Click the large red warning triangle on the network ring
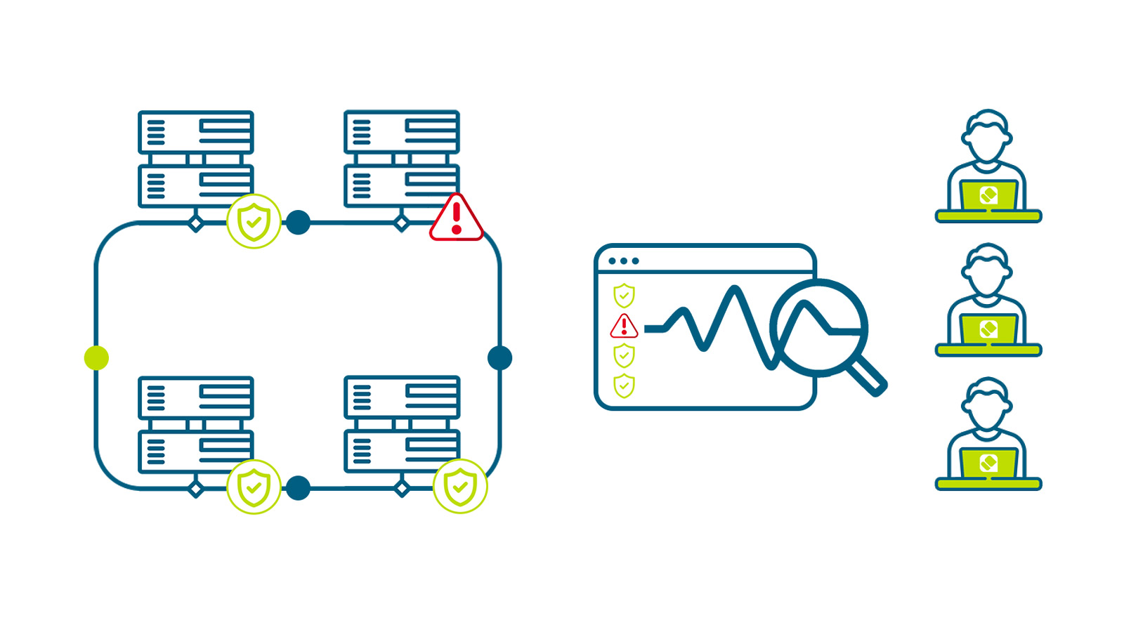click(457, 220)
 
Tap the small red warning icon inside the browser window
click(624, 327)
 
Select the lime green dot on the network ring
click(97, 358)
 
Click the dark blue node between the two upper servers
click(298, 223)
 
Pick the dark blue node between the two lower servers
click(298, 488)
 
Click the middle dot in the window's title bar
click(624, 261)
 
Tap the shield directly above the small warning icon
click(624, 296)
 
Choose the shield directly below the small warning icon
click(624, 356)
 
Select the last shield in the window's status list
click(624, 386)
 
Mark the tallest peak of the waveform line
click(734, 289)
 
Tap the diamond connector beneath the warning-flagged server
click(402, 223)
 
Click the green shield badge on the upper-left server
click(254, 221)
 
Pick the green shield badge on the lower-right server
click(460, 486)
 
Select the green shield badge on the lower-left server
click(254, 487)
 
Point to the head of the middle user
click(988, 270)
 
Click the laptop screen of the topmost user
click(988, 195)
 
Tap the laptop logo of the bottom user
click(988, 463)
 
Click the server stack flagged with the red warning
click(402, 159)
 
